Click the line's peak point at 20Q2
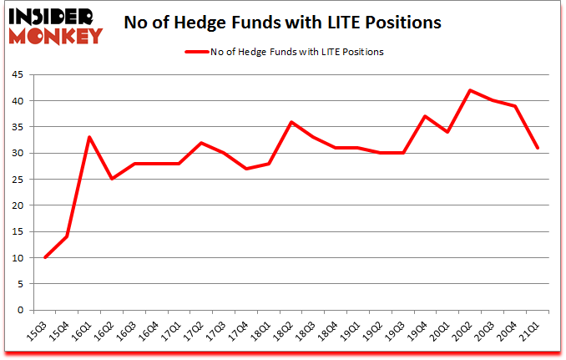click(471, 90)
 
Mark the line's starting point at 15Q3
click(44, 257)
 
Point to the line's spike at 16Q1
click(89, 137)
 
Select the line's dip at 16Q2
click(112, 179)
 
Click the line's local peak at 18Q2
click(291, 122)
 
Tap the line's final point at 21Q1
click(538, 148)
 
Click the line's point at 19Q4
click(426, 116)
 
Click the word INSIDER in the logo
click(52, 16)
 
